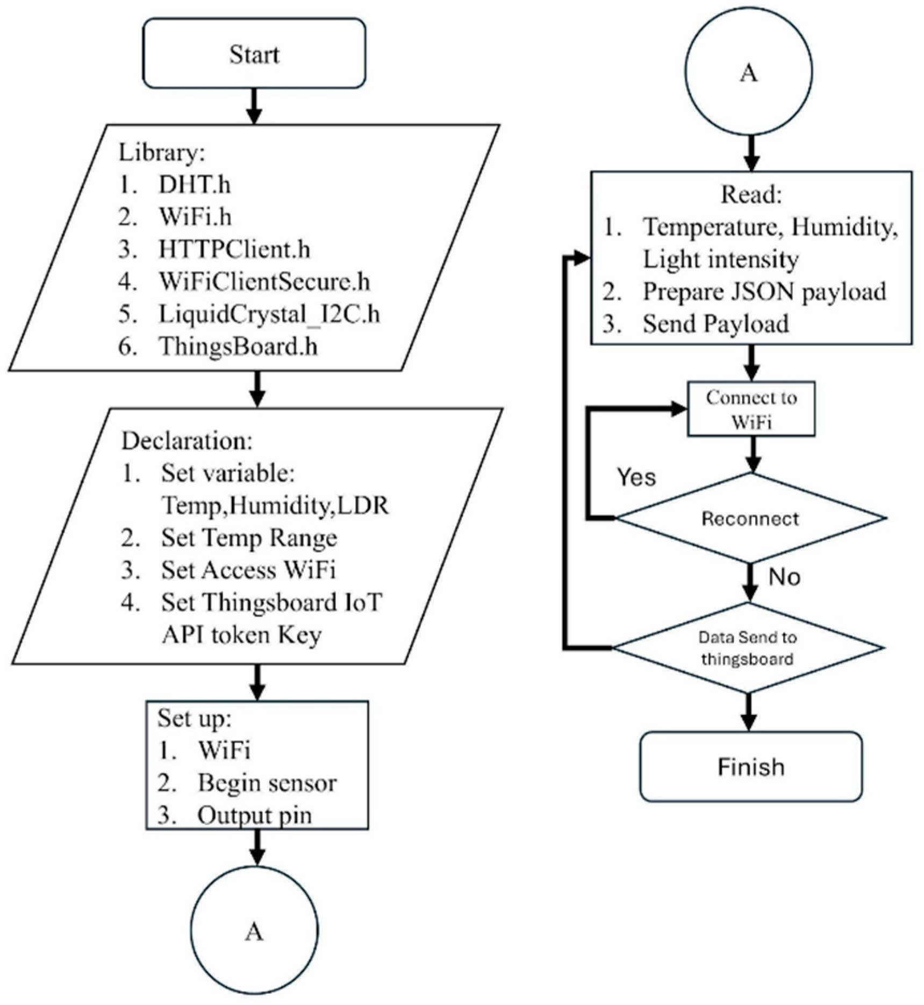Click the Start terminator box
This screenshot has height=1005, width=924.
254,54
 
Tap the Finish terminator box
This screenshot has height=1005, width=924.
751,767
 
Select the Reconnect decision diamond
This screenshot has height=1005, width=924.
750,519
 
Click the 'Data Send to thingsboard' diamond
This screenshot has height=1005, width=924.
748,648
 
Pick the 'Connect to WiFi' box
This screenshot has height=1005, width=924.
751,409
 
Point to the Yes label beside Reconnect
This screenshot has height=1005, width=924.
636,477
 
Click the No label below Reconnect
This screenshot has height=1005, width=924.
784,577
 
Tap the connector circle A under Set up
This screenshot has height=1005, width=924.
254,932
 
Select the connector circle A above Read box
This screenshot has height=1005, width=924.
749,73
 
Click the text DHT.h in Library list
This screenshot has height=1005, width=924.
195,185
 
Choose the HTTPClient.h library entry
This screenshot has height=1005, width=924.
234,250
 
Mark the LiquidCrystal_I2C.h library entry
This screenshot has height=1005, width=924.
269,314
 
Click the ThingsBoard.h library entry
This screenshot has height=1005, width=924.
238,346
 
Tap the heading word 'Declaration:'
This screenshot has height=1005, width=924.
187,441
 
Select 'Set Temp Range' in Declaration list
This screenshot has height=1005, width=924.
249,538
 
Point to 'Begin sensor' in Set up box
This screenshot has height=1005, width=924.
267,783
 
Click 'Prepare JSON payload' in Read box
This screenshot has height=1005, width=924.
764,292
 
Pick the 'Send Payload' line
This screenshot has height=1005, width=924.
716,324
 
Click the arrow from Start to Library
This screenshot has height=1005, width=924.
254,106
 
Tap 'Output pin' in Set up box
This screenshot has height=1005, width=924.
255,816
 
